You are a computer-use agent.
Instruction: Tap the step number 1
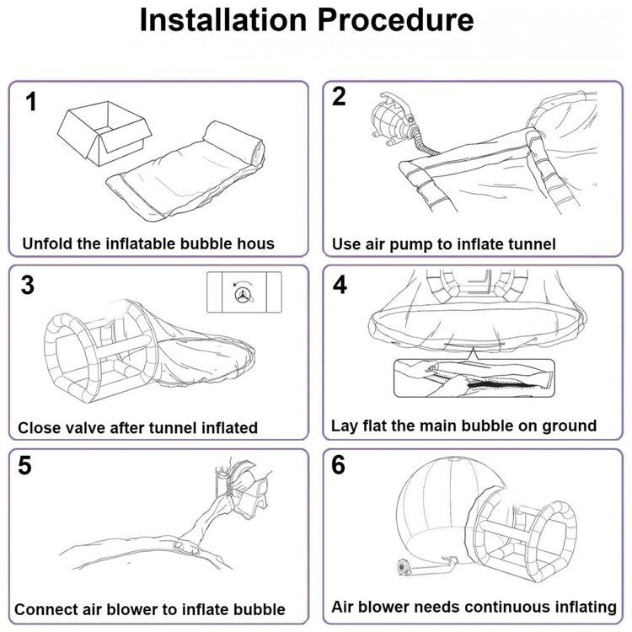point(31,104)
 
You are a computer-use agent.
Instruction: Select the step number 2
point(339,97)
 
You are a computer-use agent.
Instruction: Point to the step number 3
point(28,286)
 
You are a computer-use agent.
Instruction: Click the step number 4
point(340,286)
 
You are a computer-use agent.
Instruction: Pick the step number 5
point(25,466)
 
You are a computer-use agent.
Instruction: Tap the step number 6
point(339,464)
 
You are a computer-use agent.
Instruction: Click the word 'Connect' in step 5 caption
point(48,608)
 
